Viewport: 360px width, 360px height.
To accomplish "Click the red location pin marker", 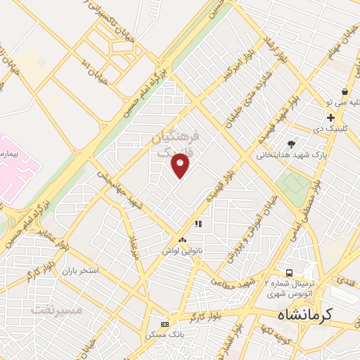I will pyautogui.click(x=181, y=165).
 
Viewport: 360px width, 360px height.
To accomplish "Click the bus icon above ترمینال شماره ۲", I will pyautogui.click(x=288, y=273).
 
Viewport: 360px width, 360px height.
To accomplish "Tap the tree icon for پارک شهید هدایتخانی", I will pyautogui.click(x=292, y=144).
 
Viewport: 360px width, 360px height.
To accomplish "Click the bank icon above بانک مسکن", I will pyautogui.click(x=165, y=324).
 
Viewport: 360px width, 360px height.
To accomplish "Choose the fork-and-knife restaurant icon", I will pyautogui.click(x=198, y=224).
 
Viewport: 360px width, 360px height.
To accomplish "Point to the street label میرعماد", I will pyautogui.click(x=131, y=249).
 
